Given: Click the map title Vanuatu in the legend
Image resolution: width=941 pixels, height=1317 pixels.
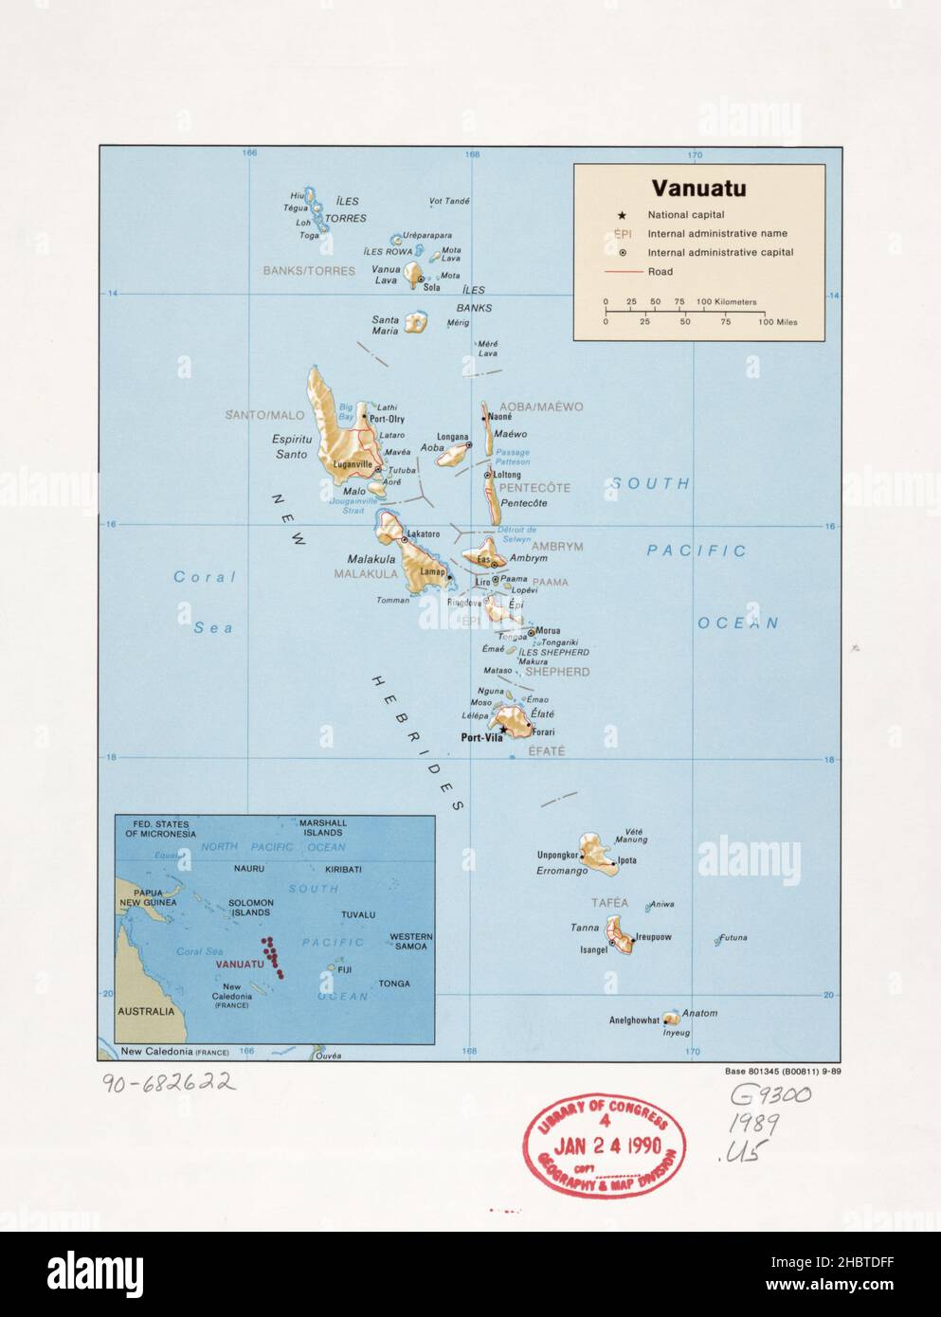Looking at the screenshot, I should [697, 188].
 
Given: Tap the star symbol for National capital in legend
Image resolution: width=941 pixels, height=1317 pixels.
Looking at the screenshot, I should [622, 215].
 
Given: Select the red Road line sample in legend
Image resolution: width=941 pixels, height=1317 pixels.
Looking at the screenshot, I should [620, 272].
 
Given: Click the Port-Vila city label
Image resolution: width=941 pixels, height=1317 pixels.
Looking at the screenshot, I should [480, 738].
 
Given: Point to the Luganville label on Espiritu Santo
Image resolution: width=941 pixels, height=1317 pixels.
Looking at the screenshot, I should [353, 464].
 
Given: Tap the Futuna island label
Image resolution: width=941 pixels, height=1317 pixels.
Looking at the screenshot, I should [733, 938].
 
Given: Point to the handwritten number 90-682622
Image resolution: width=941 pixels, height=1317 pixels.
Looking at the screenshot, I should [169, 1083].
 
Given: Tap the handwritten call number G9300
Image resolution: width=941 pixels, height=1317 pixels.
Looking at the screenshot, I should [770, 1096].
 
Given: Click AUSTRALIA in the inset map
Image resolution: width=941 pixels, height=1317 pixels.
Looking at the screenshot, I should [146, 1011].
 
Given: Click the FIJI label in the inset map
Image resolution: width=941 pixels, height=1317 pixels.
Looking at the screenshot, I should [344, 969].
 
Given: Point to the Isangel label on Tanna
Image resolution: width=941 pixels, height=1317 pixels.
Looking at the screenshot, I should [593, 948].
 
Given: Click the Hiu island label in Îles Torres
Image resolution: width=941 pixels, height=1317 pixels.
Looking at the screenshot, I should [297, 195].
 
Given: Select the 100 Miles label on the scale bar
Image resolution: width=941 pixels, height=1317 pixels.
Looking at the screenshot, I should [777, 322].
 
